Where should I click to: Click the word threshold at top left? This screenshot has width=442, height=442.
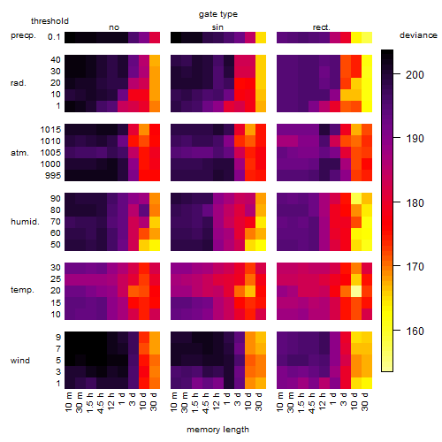click(50, 21)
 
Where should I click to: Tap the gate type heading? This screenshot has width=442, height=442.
click(218, 14)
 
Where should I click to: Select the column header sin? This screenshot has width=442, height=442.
click(217, 27)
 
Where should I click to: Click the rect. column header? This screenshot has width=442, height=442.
click(322, 27)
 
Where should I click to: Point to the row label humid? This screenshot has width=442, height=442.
click(25, 222)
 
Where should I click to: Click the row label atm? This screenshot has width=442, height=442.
click(19, 153)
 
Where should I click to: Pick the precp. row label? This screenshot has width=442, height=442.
click(23, 35)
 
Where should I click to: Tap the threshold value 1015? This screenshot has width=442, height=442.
click(50, 130)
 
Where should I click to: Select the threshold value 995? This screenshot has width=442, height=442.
click(53, 176)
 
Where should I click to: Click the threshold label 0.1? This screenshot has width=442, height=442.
click(54, 37)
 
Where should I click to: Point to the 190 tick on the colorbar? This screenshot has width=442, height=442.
click(415, 139)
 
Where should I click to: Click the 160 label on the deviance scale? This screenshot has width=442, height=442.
click(415, 331)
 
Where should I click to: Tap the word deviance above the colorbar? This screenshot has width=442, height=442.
click(418, 35)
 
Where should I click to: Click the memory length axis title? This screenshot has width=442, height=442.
click(217, 430)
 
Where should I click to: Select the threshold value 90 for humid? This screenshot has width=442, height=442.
click(56, 199)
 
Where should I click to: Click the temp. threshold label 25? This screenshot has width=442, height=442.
click(56, 279)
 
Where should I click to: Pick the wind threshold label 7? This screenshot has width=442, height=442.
click(58, 349)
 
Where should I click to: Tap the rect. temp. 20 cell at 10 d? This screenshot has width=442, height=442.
click(356, 291)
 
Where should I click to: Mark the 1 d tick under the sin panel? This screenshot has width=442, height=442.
click(227, 399)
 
